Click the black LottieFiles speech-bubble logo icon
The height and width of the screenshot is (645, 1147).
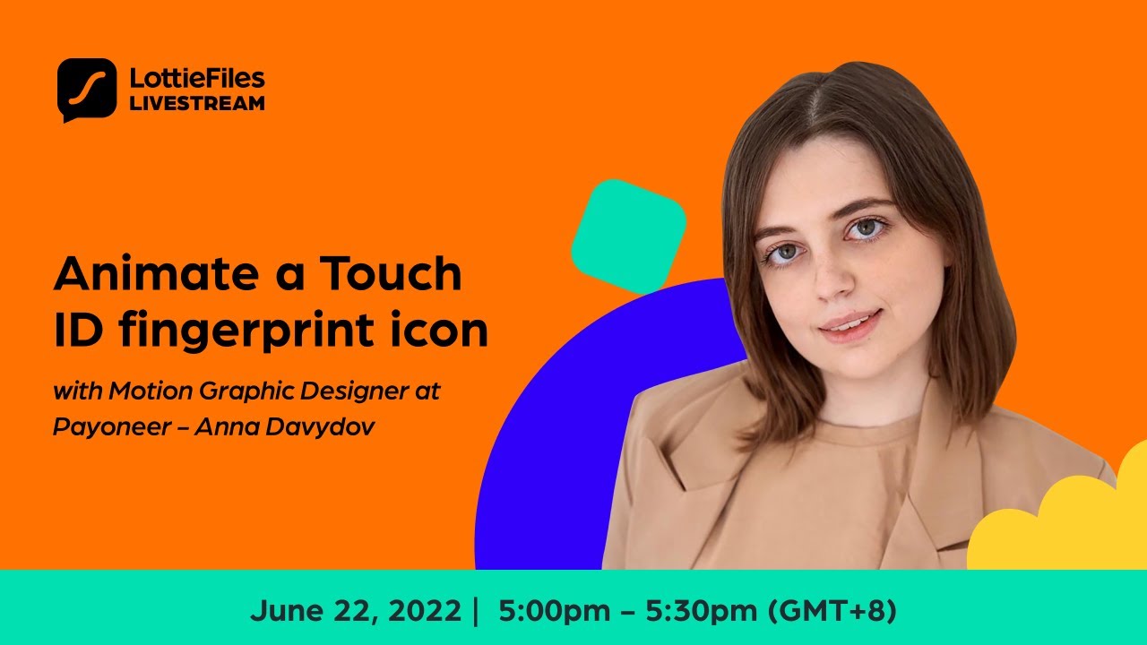[x=87, y=89]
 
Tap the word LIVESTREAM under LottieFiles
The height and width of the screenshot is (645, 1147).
[x=197, y=103]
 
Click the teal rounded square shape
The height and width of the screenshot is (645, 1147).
[x=628, y=236]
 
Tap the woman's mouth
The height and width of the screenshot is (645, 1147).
[x=848, y=322]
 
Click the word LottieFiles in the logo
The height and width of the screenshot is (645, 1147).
[x=197, y=78]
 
